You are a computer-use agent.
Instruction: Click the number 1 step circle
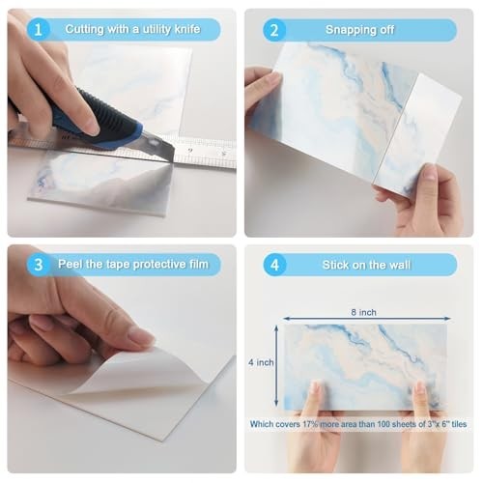(x=38, y=30)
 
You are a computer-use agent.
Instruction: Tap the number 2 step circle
(x=274, y=30)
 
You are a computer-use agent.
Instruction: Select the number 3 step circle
(x=39, y=265)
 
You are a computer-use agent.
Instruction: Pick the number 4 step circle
(x=274, y=265)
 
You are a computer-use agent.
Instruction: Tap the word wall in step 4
(x=400, y=265)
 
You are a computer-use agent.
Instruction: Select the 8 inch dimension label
(x=363, y=312)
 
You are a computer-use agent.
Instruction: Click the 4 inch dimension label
(x=261, y=362)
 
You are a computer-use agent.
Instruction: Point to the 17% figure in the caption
(x=310, y=424)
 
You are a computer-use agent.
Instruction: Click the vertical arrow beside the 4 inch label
(x=276, y=366)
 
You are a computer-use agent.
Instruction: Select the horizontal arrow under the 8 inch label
(x=367, y=319)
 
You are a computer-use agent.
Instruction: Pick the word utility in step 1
(x=156, y=30)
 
